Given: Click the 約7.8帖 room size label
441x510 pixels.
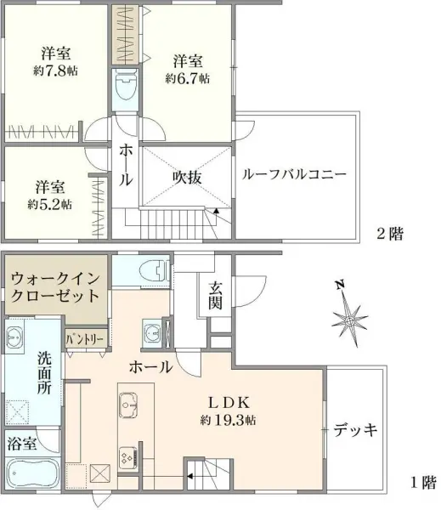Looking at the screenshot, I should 55,71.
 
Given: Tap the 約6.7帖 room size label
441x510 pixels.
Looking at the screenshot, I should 188,79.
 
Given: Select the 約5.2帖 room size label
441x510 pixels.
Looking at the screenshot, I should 49,205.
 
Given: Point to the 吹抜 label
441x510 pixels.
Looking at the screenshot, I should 187,177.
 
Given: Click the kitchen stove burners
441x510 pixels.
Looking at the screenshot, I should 130,458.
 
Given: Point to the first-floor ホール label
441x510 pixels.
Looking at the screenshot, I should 151,368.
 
